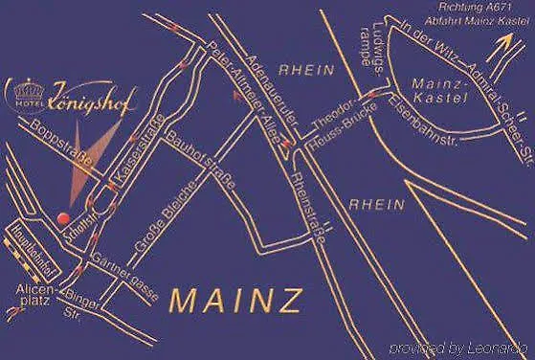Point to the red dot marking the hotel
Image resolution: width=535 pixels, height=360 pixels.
63,214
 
